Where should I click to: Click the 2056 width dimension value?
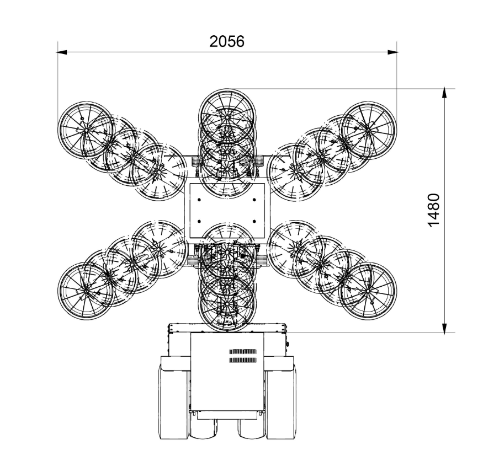[x=227, y=41]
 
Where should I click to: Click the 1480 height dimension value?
[x=434, y=210]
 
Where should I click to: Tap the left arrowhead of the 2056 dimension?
[x=62, y=52]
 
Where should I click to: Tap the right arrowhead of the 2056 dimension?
[x=392, y=52]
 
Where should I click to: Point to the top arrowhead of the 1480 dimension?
[x=444, y=93]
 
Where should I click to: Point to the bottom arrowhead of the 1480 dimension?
[x=444, y=328]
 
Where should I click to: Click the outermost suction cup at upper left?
[x=86, y=130]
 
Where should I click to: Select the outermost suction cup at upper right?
[x=368, y=130]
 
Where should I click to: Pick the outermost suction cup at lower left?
[x=86, y=291]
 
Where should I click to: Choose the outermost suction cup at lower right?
[x=368, y=291]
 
